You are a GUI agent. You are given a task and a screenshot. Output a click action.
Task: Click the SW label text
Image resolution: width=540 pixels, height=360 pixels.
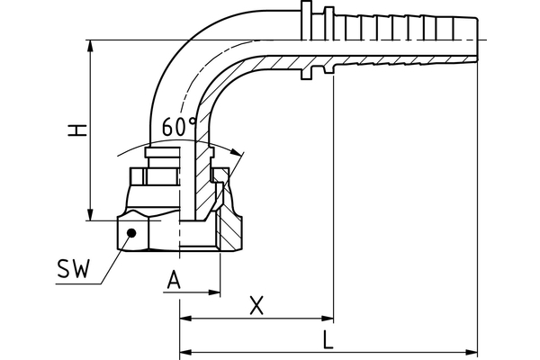click(x=73, y=269)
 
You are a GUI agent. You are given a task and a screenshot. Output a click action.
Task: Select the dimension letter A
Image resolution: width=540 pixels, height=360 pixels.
click(x=175, y=281)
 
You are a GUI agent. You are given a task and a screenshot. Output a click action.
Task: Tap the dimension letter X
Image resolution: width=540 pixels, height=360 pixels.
click(x=256, y=306)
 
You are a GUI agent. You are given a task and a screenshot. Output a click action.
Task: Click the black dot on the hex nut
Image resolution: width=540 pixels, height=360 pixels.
click(x=131, y=232)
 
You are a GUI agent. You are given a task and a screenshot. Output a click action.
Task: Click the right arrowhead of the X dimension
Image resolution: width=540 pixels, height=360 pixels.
click(x=328, y=318)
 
